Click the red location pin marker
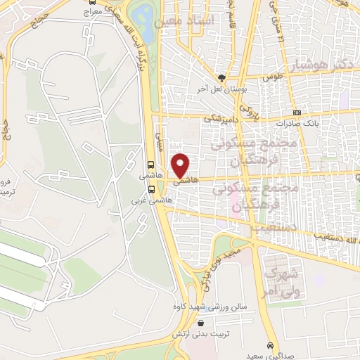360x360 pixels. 181,165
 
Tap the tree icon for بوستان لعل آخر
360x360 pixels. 222,78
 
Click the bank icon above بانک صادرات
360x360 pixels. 296,112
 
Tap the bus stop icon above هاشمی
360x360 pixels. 152,162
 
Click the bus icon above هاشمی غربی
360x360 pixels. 152,188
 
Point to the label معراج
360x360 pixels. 92,12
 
